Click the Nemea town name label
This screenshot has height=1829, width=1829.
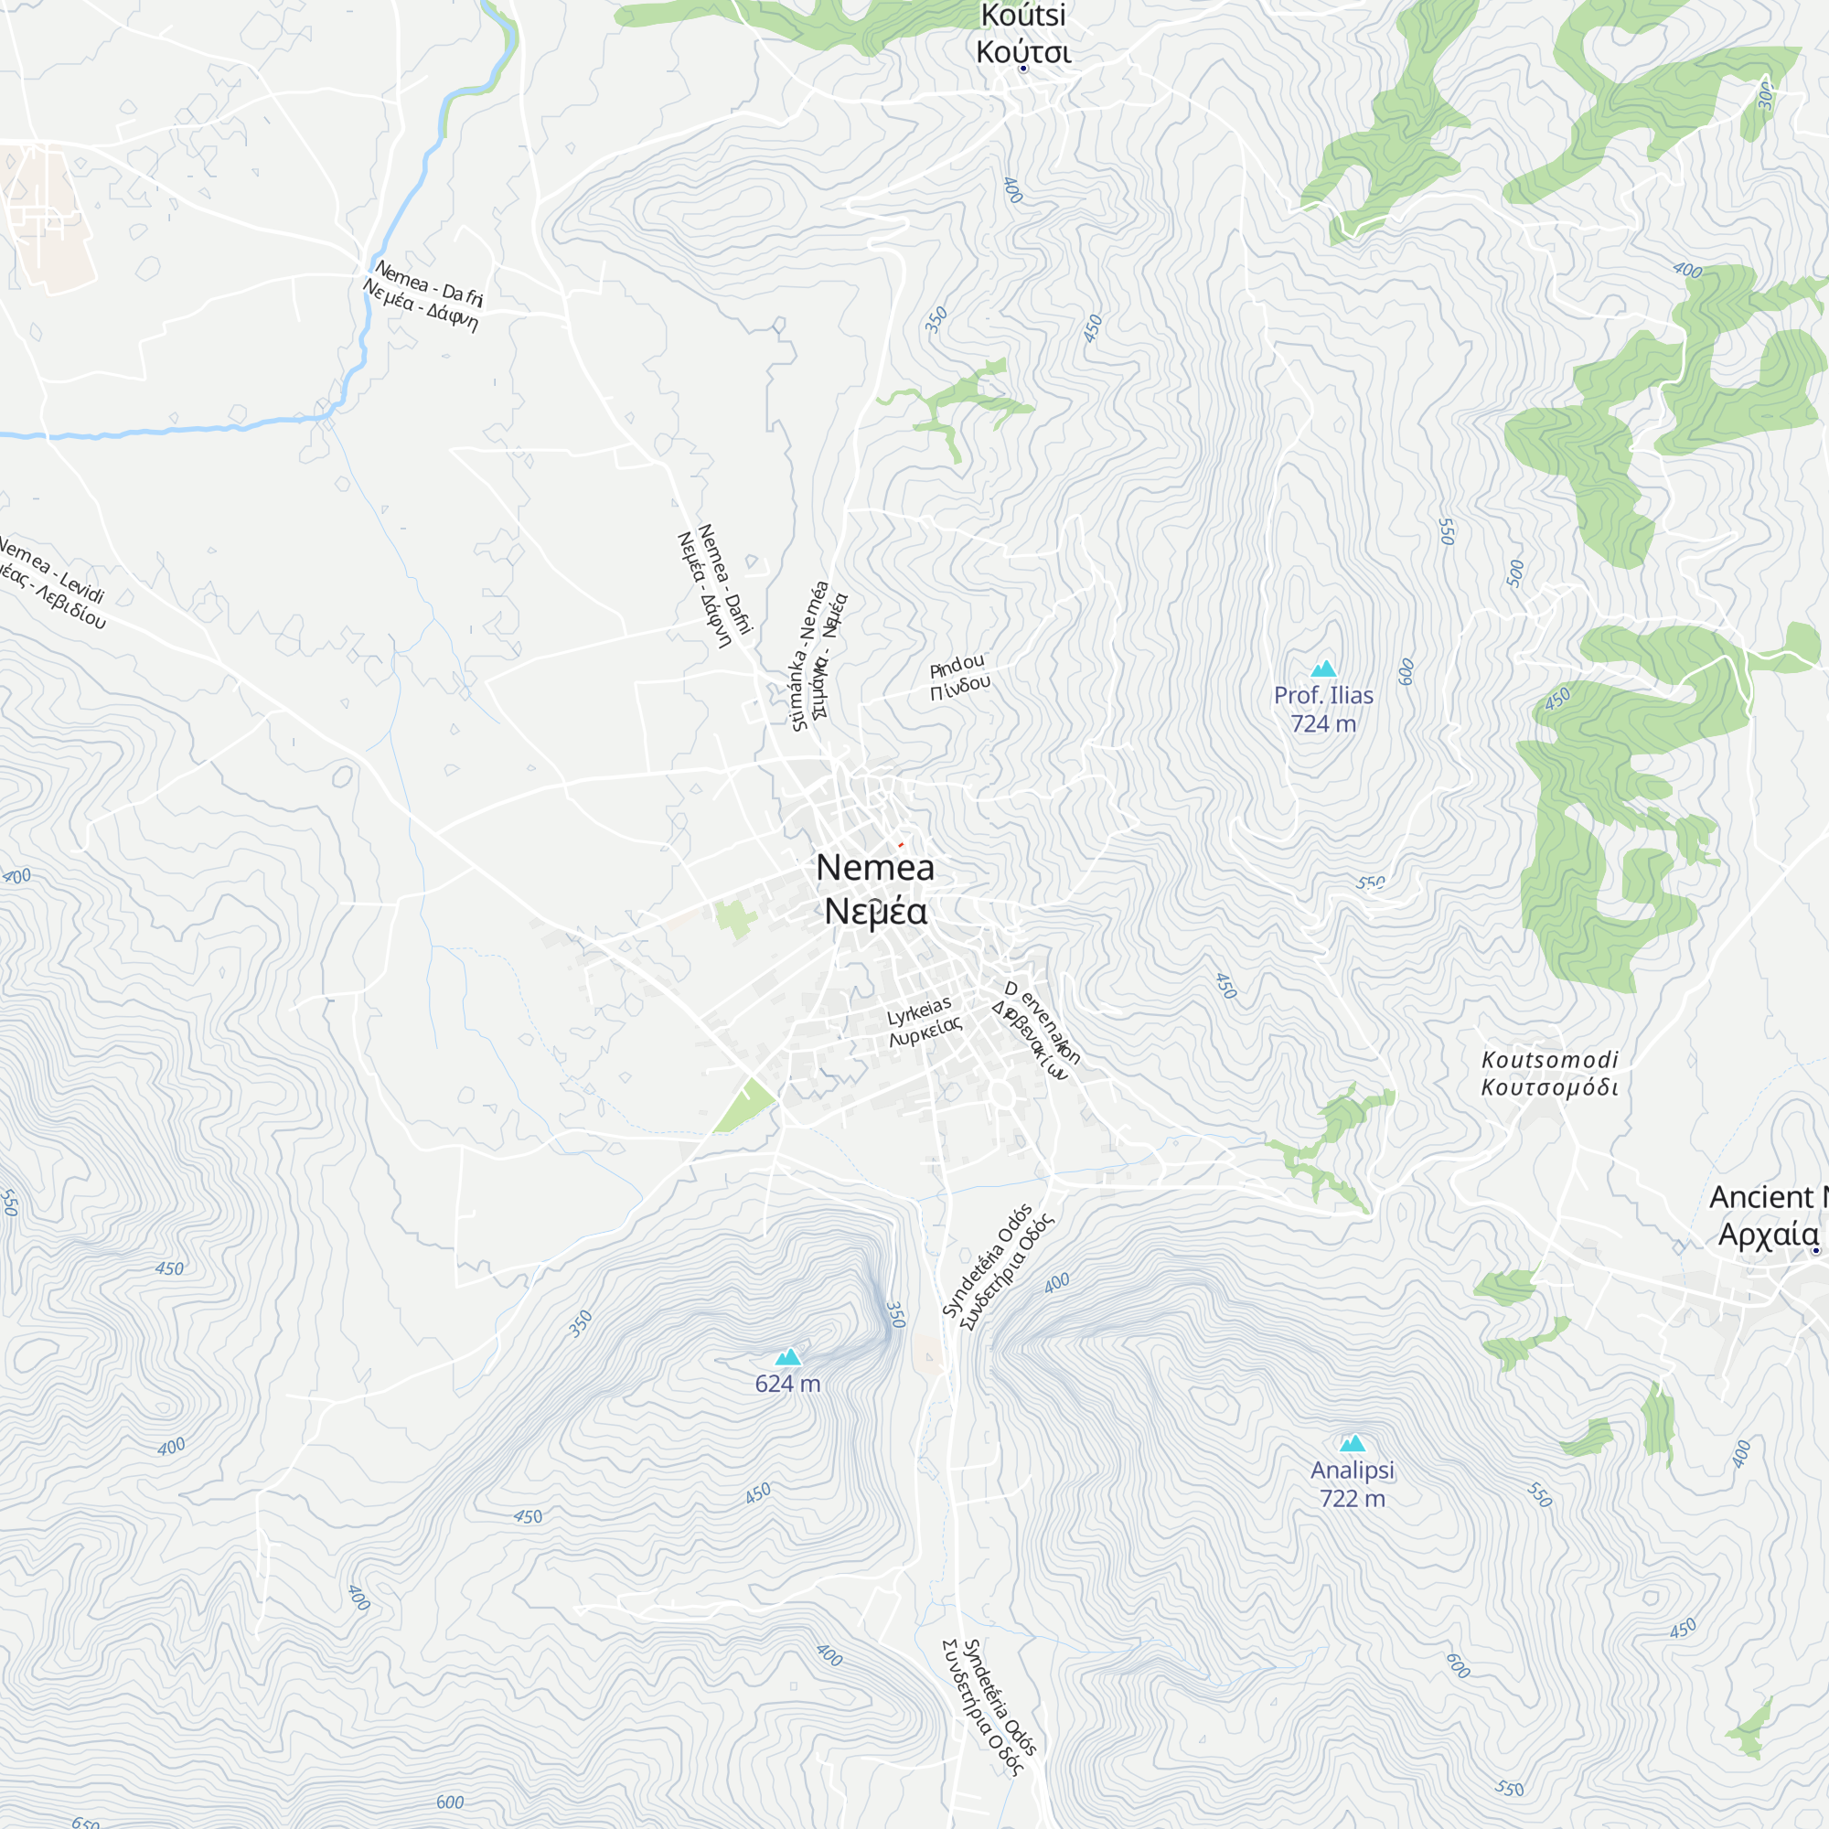(x=875, y=889)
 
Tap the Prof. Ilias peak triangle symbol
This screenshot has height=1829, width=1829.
(x=1323, y=669)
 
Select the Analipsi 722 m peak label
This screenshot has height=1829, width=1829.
(x=1352, y=1483)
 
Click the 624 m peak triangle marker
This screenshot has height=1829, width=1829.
(x=787, y=1357)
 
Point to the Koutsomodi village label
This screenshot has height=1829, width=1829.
(x=1550, y=1073)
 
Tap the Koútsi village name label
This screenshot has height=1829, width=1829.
(x=1022, y=33)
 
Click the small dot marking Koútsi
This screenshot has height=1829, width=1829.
(x=1022, y=70)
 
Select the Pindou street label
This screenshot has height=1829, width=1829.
(x=959, y=676)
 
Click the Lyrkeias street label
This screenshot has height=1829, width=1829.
(x=922, y=1022)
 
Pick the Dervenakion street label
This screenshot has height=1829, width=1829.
(x=1037, y=1031)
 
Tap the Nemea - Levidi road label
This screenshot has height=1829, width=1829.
(x=52, y=583)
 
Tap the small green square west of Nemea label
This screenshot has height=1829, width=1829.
(x=734, y=918)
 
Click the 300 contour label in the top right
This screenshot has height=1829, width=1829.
(x=1766, y=95)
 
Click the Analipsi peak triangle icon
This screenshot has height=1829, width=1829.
(x=1352, y=1444)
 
